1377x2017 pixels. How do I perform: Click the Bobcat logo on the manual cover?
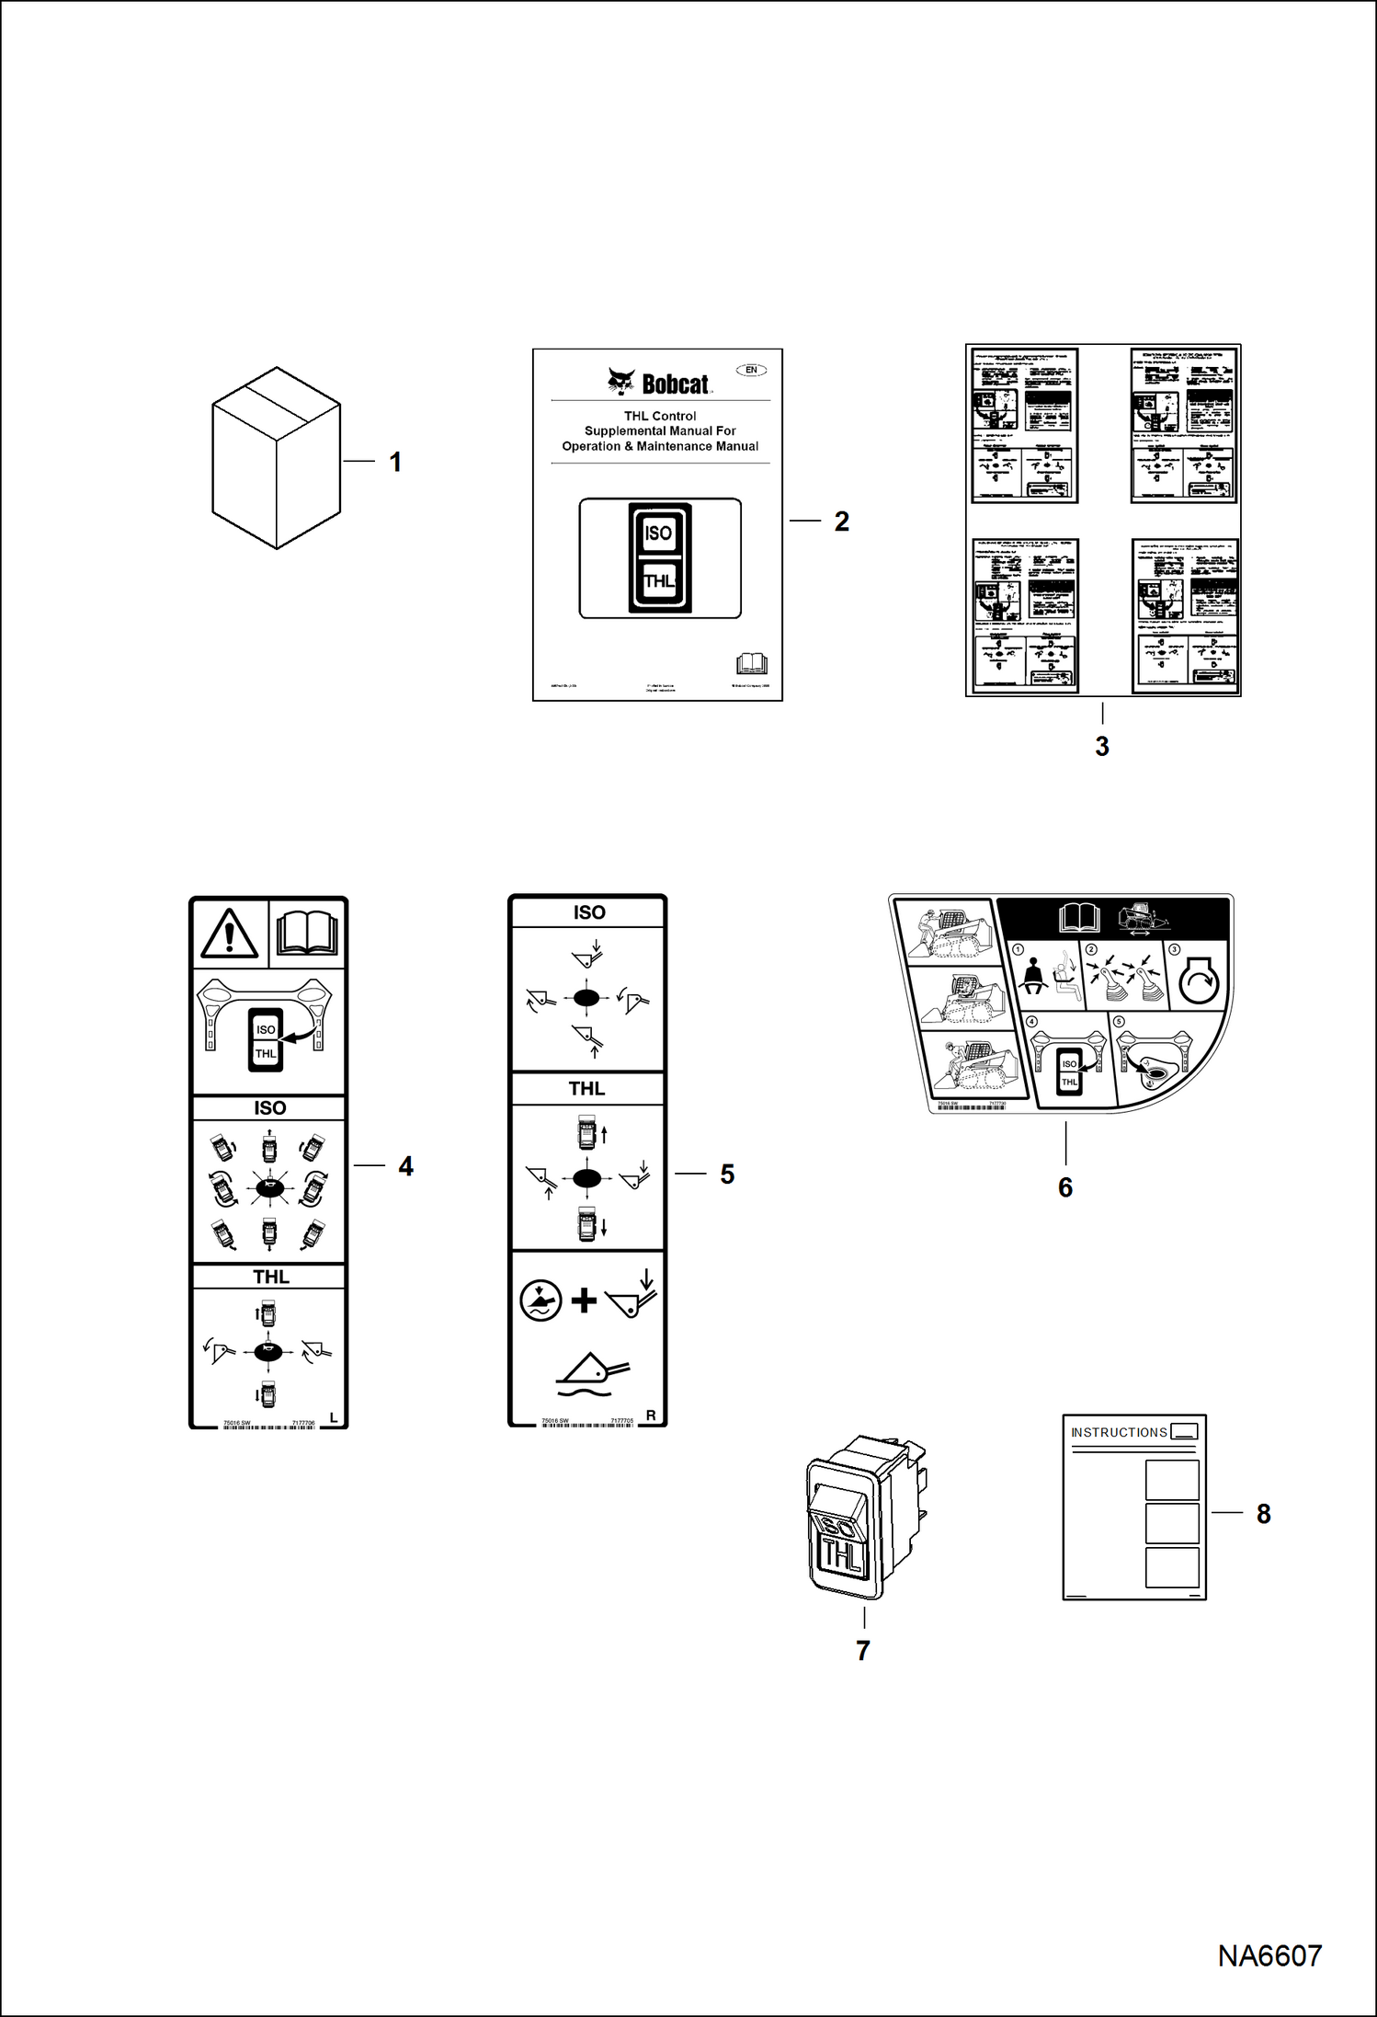[x=659, y=382]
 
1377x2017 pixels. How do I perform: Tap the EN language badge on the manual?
[x=751, y=370]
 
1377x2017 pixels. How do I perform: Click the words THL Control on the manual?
[x=660, y=416]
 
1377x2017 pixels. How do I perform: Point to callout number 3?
[x=1102, y=747]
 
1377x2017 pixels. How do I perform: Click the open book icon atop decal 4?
[x=308, y=934]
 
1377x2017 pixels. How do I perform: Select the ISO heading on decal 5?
[x=589, y=912]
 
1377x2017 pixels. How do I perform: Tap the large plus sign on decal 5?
[x=584, y=1301]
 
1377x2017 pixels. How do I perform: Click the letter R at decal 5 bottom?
[x=651, y=1415]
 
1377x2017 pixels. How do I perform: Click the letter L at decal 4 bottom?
[x=334, y=1418]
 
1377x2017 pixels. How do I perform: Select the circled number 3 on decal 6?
[x=1174, y=949]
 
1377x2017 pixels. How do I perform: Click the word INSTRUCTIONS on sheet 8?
[x=1119, y=1433]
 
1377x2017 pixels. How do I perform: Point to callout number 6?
[x=1065, y=1187]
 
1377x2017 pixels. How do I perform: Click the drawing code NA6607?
[x=1269, y=1955]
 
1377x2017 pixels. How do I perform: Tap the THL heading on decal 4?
[x=271, y=1277]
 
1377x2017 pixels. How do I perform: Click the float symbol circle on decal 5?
[x=541, y=1301]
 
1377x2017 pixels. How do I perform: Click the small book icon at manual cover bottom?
[x=751, y=663]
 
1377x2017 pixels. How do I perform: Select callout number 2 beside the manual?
[x=841, y=521]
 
